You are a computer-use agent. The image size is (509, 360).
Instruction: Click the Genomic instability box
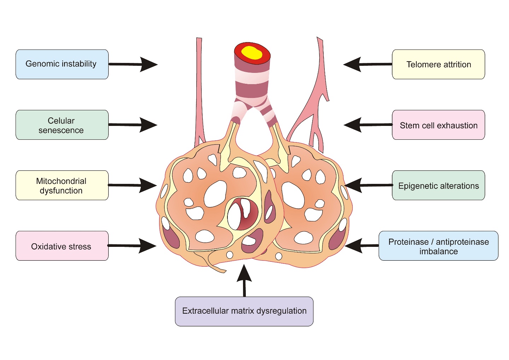tap(62, 64)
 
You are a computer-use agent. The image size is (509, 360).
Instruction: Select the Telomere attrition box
tap(438, 64)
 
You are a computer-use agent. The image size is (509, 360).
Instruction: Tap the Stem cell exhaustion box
tap(438, 125)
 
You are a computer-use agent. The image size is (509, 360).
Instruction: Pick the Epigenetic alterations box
tap(438, 186)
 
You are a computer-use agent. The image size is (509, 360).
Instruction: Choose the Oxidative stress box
tap(62, 246)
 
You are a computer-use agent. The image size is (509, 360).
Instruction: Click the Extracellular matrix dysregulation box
tap(244, 311)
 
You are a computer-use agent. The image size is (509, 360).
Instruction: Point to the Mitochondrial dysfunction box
tap(62, 186)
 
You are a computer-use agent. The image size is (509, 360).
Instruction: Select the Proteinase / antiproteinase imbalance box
tap(438, 246)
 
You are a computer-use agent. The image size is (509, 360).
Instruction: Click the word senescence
tap(61, 130)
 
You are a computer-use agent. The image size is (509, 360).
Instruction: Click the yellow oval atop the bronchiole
tap(251, 53)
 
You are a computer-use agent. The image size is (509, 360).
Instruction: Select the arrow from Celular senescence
tap(133, 125)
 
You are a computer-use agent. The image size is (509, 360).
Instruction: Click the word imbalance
tap(439, 251)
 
